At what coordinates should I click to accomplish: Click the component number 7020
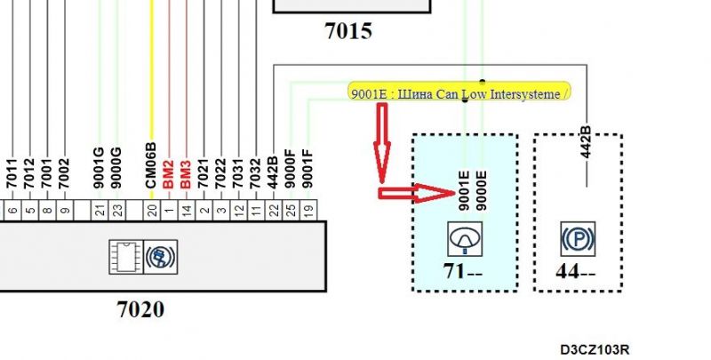click(140, 309)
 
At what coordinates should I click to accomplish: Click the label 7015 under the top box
click(348, 32)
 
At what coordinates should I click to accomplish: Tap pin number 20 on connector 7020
click(152, 211)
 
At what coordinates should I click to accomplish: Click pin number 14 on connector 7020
click(187, 211)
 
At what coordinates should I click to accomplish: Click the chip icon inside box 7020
click(122, 254)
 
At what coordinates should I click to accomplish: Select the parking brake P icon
click(578, 238)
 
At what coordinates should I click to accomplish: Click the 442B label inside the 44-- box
click(586, 142)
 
